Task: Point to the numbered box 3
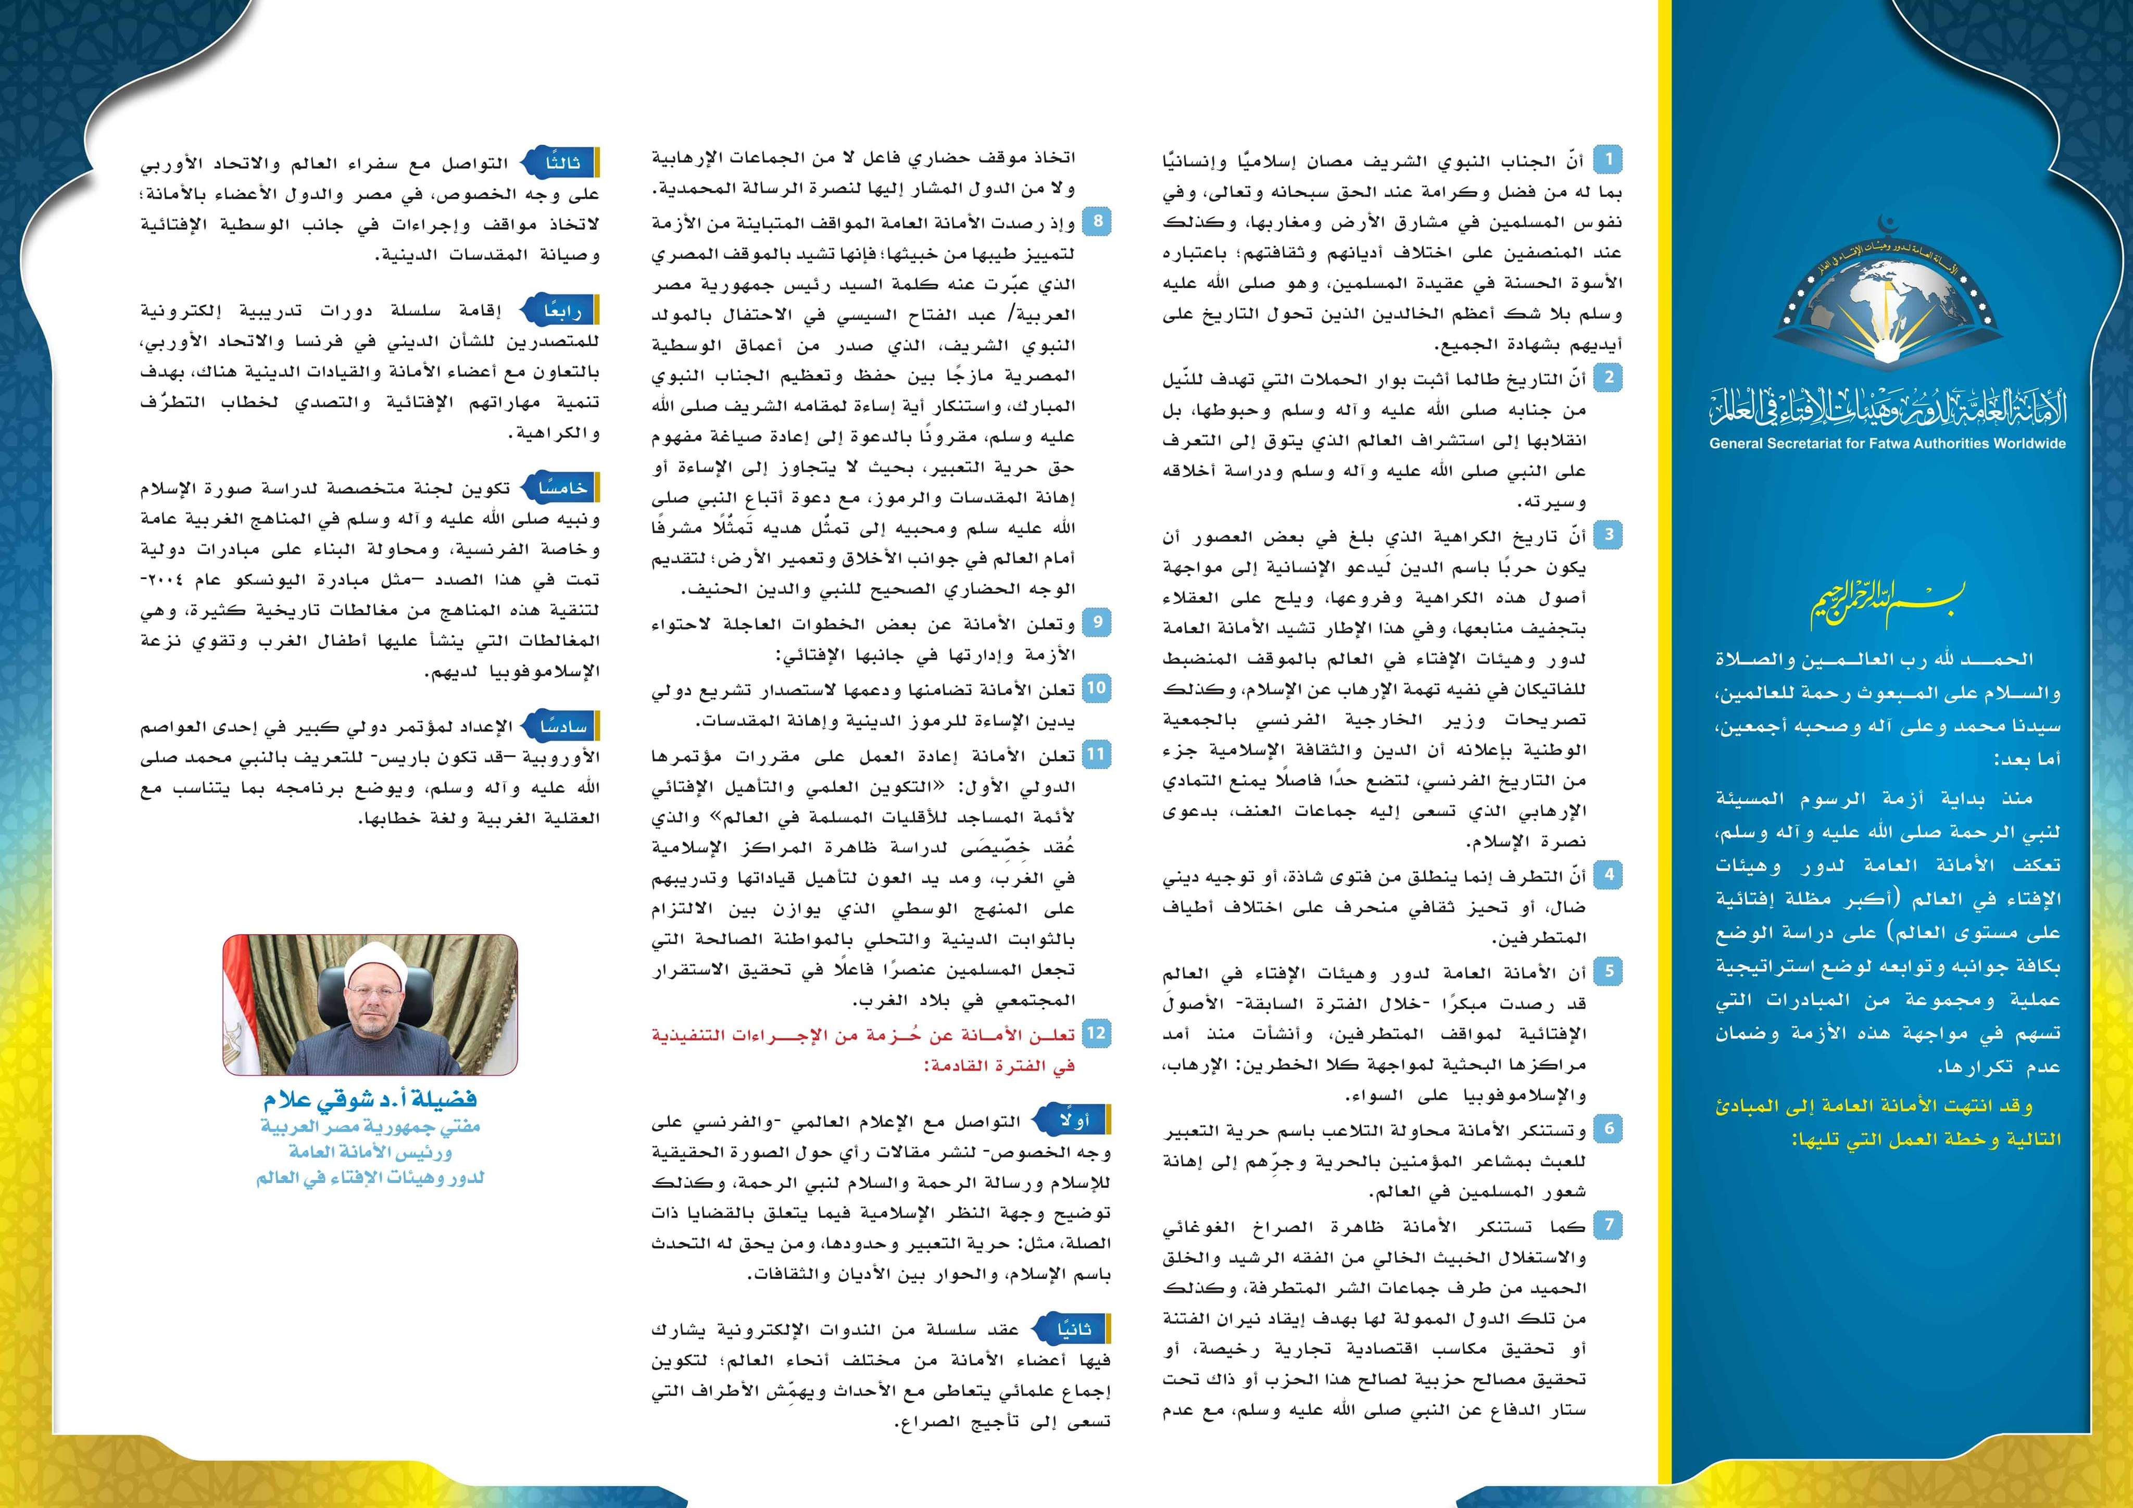[1608, 535]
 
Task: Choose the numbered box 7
[1608, 1225]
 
